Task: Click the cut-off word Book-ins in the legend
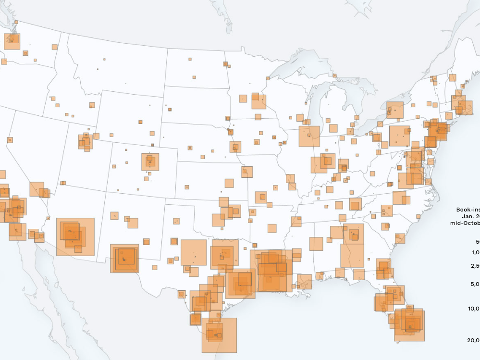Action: tap(468, 210)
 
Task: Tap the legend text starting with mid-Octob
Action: tap(465, 223)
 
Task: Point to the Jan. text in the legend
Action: tap(470, 216)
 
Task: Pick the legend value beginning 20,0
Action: tap(473, 340)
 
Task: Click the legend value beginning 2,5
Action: tap(474, 266)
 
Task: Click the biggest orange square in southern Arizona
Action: tap(75, 236)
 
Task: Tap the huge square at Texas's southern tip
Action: tap(219, 335)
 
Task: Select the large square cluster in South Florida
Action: tap(409, 325)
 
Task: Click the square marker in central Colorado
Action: tap(150, 162)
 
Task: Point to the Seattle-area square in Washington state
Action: tap(12, 41)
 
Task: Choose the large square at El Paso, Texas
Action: tap(124, 259)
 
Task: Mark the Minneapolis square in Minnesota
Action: tap(258, 101)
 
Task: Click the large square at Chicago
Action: tap(309, 136)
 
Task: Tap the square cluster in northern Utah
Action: tap(85, 142)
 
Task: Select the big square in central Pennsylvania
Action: tap(399, 136)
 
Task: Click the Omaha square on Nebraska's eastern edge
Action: tap(235, 147)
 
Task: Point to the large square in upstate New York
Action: tap(395, 110)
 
